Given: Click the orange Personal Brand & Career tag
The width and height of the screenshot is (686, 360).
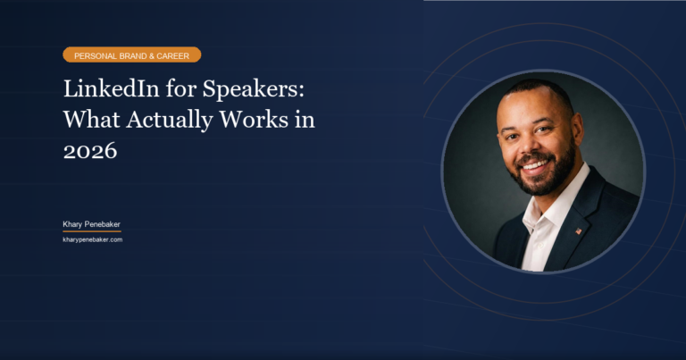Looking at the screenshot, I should [131, 55].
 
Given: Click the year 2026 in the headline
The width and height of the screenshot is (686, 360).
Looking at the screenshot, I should [89, 151].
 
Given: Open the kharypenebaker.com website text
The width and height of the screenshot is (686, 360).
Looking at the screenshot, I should [92, 239].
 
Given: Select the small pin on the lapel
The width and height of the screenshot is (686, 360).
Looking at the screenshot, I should [578, 230].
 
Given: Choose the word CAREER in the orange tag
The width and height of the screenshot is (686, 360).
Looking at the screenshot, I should [174, 55].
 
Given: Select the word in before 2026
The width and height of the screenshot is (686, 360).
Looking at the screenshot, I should [305, 121].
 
